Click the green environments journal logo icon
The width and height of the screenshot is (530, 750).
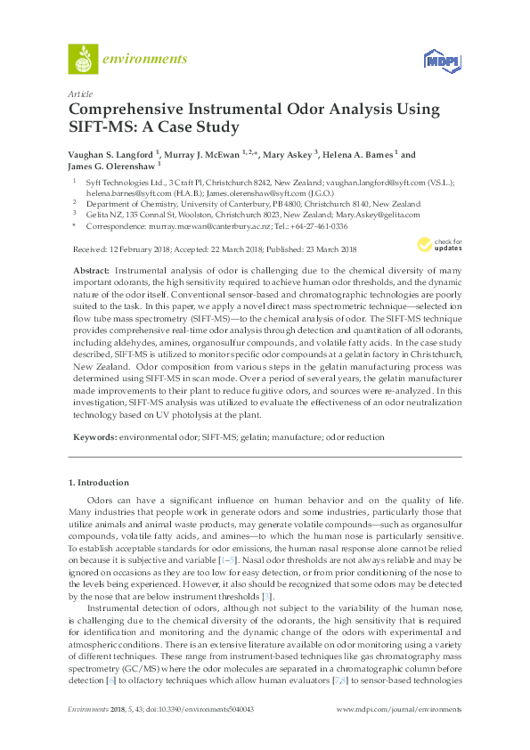(x=83, y=60)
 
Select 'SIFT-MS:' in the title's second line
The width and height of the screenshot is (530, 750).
(x=100, y=127)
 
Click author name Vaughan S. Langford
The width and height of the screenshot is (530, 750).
(x=110, y=154)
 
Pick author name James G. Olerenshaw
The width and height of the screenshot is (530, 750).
(x=111, y=166)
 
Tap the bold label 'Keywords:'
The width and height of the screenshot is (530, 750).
(x=95, y=437)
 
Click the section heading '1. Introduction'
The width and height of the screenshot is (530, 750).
(x=99, y=483)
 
